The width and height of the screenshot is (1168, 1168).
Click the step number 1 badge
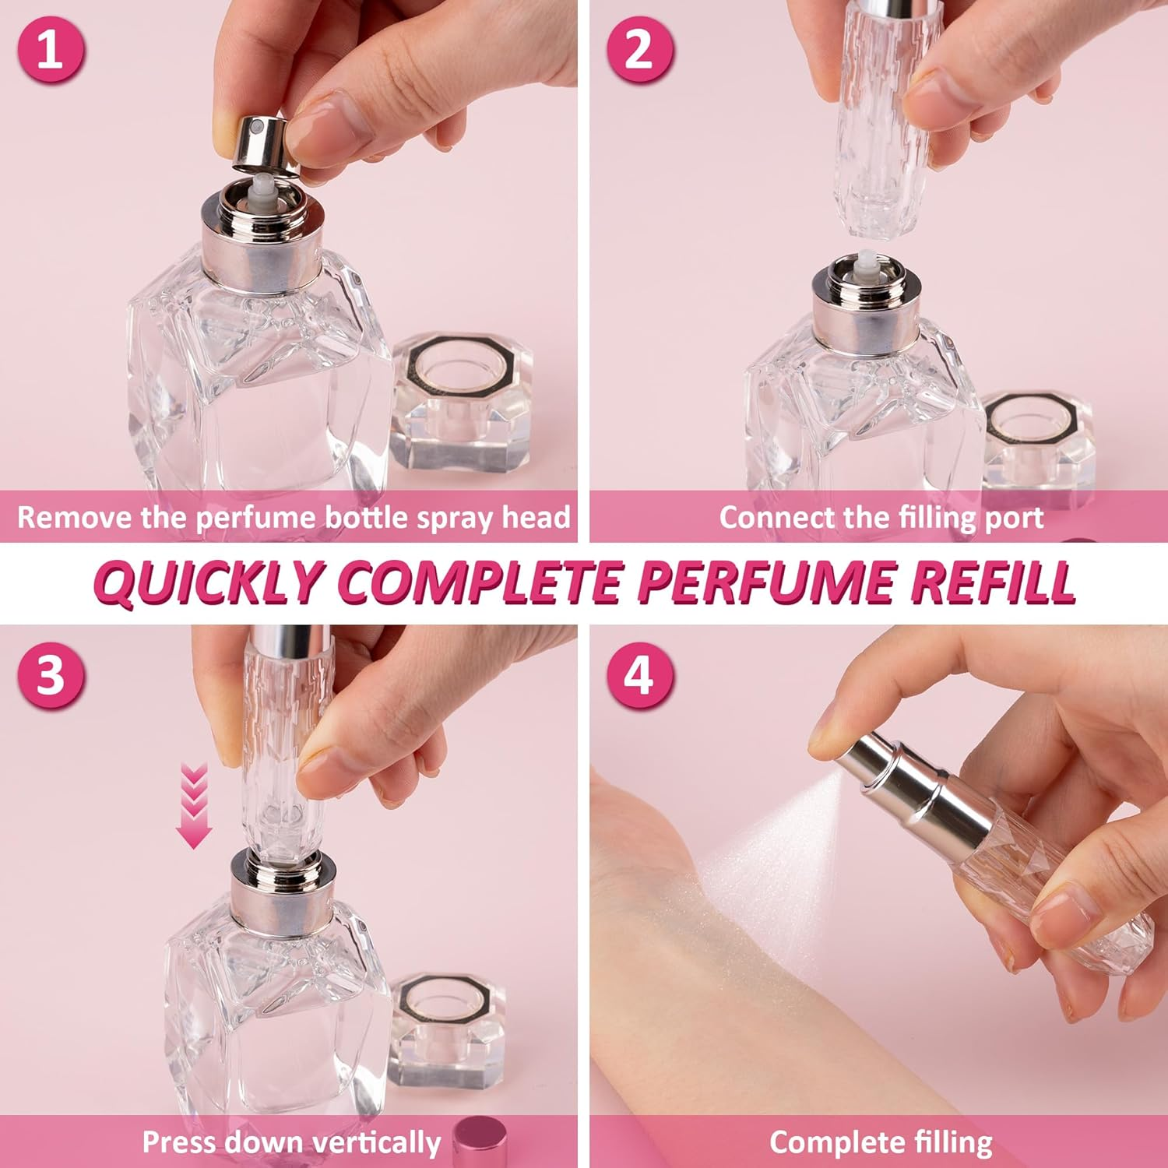50,49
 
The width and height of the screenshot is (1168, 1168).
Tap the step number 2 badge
639,49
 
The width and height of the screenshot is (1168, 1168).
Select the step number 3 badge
50,674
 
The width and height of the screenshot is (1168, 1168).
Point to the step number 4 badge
639,674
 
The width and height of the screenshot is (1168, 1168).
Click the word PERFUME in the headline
766,582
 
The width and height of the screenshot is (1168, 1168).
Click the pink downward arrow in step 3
194,806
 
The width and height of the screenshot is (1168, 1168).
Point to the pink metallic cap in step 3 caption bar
480,1143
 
